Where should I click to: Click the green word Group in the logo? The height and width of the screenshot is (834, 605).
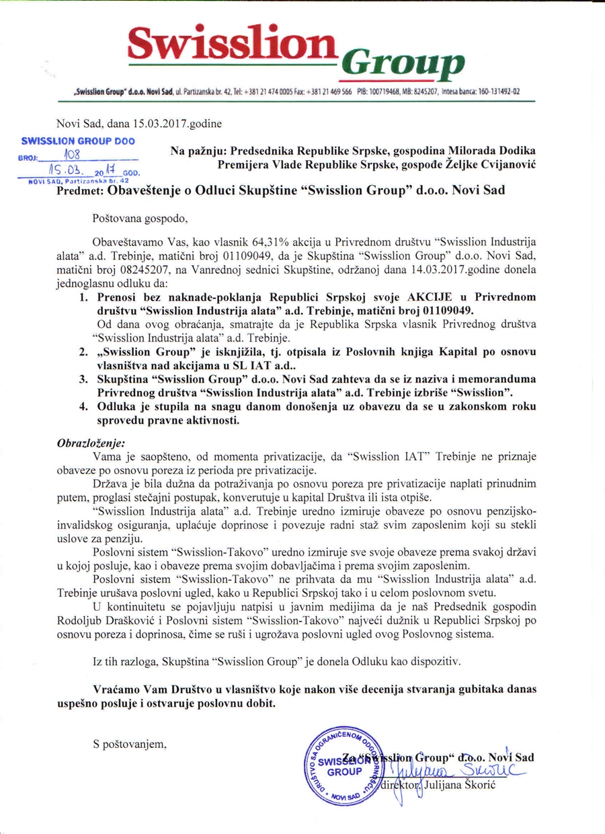(402, 64)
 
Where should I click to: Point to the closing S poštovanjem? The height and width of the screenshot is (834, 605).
(129, 745)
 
